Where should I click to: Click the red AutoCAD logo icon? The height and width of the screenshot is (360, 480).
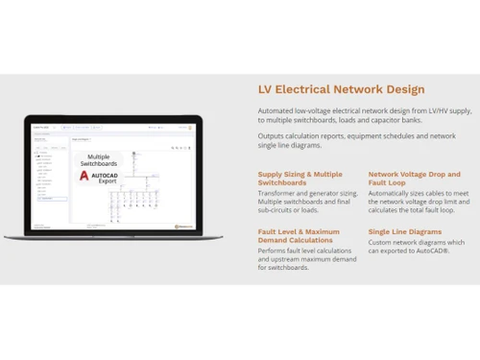coord(84,176)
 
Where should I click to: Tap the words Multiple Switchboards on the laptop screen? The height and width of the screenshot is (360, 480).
coord(99,160)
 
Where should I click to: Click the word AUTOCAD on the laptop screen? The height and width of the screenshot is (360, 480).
coord(105,174)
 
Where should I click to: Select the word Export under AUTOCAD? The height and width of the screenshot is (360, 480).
coord(103,180)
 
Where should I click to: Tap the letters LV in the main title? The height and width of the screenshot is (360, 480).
coord(265,89)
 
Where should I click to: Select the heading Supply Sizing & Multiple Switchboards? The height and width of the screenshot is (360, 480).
coord(300,179)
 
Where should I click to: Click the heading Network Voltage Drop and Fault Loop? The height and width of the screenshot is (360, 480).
coord(414,179)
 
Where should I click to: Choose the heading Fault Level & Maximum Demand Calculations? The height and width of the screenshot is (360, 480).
coord(299,236)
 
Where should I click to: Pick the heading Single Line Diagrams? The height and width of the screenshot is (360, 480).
coord(404,231)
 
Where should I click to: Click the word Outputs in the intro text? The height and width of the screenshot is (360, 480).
coord(272,135)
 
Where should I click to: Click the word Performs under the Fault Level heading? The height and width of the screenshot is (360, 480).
coord(274,251)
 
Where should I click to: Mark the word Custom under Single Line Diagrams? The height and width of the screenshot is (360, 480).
coord(380,242)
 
